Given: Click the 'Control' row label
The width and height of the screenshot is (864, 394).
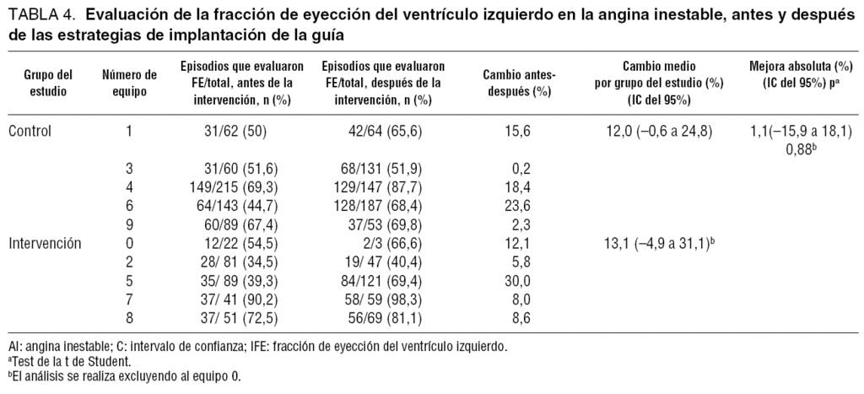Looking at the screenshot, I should coord(30,131).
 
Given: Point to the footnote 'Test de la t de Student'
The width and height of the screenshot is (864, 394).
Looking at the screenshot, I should coord(62,361).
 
